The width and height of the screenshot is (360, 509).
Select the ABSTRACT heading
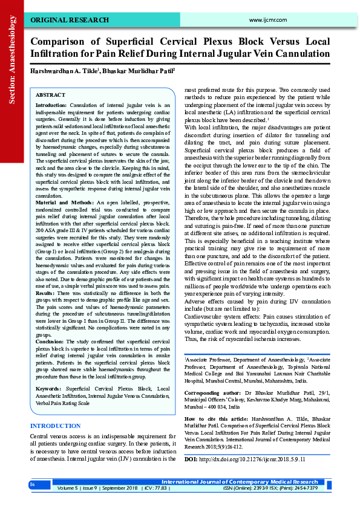pos(50,96)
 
